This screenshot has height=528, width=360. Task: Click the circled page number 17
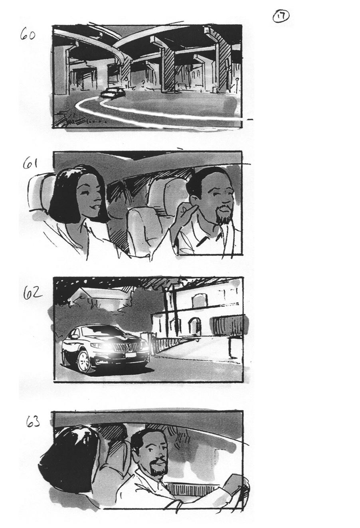281,16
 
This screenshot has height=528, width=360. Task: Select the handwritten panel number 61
30,164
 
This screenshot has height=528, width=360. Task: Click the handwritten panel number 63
33,421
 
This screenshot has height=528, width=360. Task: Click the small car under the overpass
113,93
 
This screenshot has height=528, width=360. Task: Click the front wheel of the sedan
84,361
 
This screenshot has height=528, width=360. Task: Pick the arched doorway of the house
194,326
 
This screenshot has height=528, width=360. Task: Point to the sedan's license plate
130,355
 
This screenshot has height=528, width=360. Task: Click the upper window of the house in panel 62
200,300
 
